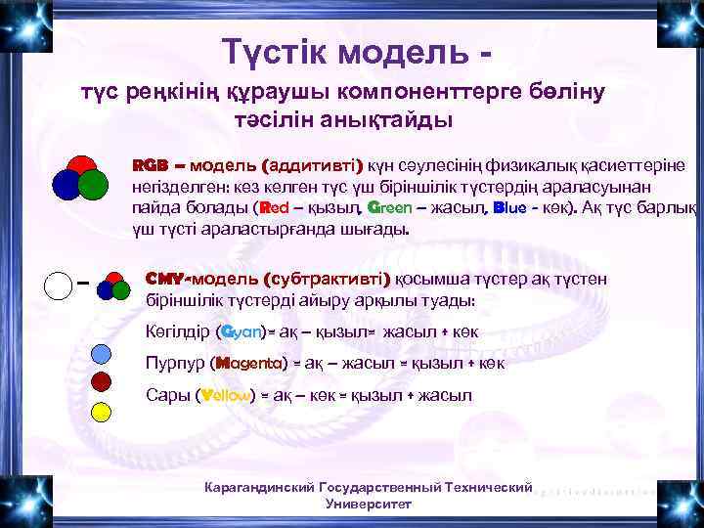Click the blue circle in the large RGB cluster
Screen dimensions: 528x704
point(67,183)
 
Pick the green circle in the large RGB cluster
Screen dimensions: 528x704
point(93,184)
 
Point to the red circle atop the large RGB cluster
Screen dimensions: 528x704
point(81,166)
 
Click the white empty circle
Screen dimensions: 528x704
point(58,286)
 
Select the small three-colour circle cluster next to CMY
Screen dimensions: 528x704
point(114,286)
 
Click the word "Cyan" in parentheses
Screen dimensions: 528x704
point(240,331)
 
